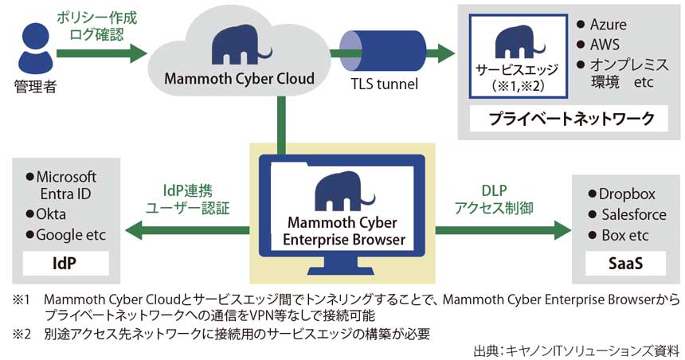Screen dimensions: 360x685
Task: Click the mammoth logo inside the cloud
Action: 240,45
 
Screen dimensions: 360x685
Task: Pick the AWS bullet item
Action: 603,45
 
